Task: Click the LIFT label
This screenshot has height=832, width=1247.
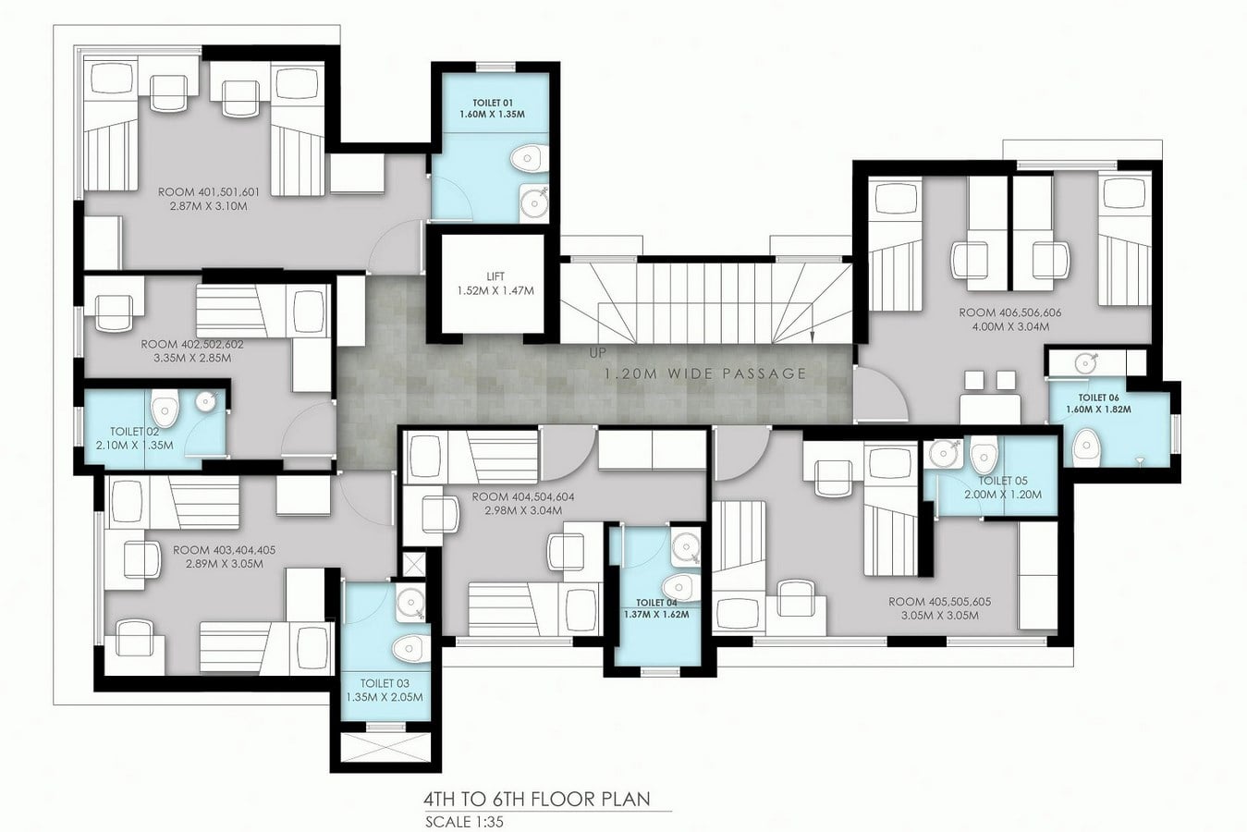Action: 495,276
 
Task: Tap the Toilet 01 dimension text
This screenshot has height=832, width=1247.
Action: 492,115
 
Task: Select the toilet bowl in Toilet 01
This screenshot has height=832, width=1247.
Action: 529,159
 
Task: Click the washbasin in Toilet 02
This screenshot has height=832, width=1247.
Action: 206,400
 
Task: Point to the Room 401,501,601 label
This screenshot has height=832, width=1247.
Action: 209,192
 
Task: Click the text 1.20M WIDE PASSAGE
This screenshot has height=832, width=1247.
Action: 706,373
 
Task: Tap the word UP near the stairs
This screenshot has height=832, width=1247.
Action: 597,353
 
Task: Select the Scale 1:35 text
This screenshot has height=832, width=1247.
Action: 464,822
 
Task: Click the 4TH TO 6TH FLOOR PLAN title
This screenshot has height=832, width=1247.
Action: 537,800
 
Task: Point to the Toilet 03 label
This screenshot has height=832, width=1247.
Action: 385,683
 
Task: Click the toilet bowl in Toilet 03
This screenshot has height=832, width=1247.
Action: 410,649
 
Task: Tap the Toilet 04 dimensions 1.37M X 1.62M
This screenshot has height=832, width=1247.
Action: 657,615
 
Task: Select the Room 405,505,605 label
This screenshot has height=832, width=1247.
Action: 940,602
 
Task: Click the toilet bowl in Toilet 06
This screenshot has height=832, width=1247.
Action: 1086,447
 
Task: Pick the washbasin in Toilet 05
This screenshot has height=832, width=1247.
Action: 943,454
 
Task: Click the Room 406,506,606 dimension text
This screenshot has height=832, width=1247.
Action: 1010,327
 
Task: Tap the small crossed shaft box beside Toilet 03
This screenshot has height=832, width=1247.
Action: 413,564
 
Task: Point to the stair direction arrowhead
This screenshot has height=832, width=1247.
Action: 812,336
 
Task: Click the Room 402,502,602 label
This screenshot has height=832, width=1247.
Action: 192,344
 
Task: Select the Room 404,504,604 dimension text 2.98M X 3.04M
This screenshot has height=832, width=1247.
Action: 522,510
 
